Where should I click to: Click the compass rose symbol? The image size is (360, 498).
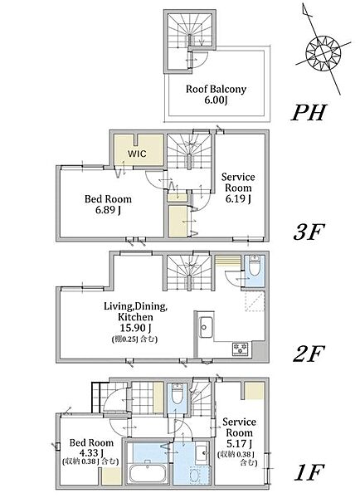click(324, 51)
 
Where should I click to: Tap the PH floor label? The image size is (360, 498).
click(309, 112)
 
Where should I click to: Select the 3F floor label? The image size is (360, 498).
click(309, 232)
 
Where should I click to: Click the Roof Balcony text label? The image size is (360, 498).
click(216, 90)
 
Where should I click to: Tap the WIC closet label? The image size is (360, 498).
click(137, 154)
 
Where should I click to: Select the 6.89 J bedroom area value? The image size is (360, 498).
click(108, 210)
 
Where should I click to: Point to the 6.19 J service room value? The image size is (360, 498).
click(238, 199)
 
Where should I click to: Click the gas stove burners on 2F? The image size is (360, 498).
click(241, 349)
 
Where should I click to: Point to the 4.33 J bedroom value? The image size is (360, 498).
click(92, 452)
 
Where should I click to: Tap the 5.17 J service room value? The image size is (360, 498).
click(240, 443)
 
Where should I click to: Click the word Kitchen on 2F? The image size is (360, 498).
click(135, 317)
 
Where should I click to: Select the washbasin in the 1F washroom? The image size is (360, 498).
click(202, 453)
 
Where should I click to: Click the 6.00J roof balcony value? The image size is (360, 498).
click(216, 100)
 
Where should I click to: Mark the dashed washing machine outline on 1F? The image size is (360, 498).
click(200, 475)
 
